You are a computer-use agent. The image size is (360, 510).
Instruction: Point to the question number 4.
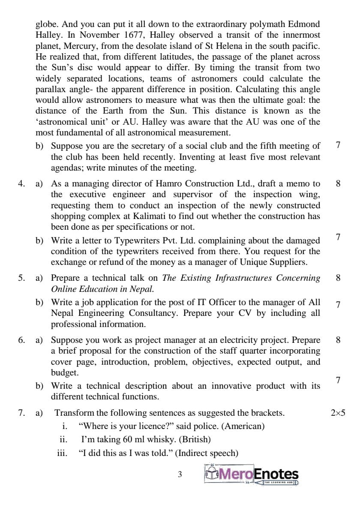tap(21, 184)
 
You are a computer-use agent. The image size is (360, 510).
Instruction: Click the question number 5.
tap(21, 278)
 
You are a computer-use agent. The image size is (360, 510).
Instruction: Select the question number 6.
tap(21, 340)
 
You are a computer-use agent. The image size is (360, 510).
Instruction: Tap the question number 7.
tap(21, 413)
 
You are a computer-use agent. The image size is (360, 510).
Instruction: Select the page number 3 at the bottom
tap(180, 474)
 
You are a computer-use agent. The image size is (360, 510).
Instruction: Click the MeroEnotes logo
tap(252, 474)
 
